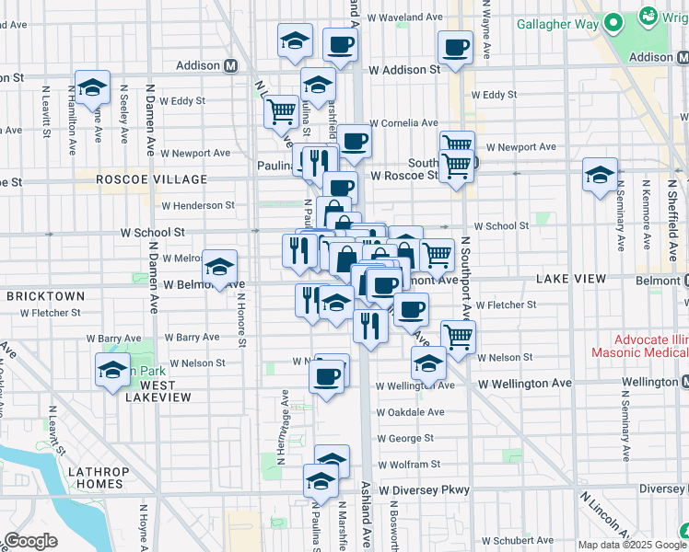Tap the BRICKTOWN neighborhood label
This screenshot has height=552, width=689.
46,296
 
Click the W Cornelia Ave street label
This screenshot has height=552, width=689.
408,122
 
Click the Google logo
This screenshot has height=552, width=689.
31,541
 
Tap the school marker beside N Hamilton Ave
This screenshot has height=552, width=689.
92,87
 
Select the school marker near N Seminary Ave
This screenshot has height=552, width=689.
600,175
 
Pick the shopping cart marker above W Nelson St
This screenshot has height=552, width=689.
458,336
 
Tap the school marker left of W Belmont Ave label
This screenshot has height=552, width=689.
219,267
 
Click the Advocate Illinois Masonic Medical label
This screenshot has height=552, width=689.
636,347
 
